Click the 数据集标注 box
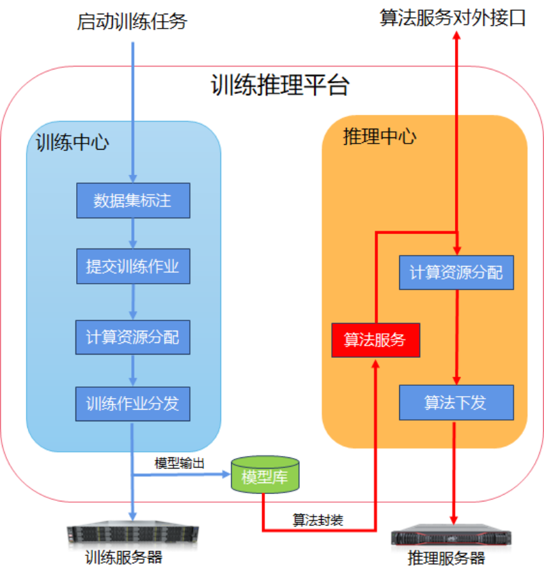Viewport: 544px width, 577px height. click(x=133, y=201)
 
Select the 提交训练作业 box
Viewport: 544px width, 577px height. click(x=133, y=266)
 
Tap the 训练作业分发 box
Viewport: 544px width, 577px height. click(x=133, y=403)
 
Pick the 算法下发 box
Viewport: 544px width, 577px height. click(x=456, y=402)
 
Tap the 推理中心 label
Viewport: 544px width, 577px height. click(x=380, y=136)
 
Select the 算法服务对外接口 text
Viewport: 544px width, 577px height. click(x=453, y=18)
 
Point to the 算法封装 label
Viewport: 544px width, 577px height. click(x=318, y=521)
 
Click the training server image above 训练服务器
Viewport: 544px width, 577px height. click(x=133, y=533)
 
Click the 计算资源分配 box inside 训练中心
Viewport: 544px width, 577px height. click(x=133, y=337)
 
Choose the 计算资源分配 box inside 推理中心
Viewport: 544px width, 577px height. click(x=456, y=273)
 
